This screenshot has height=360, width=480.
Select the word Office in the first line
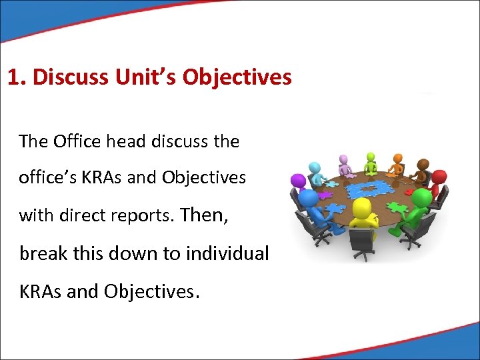(x=77, y=141)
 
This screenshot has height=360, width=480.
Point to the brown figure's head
(x=422, y=164)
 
